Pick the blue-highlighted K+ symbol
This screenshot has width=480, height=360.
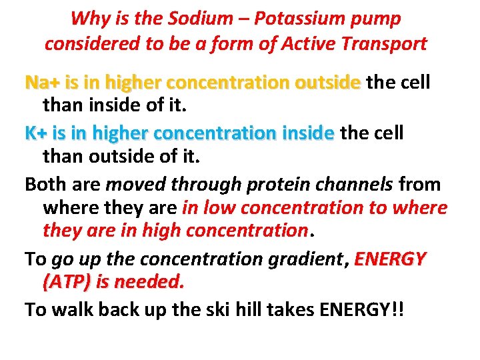(37, 133)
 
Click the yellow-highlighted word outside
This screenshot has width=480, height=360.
(327, 83)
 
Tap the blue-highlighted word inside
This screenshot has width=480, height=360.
(304, 133)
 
